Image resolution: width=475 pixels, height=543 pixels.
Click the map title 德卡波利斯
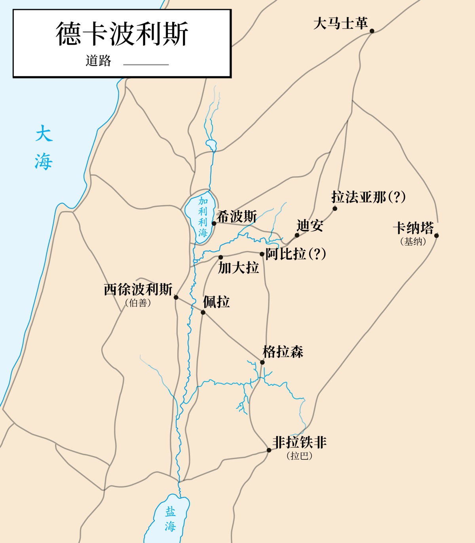122,34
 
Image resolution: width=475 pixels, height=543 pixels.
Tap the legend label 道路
98,61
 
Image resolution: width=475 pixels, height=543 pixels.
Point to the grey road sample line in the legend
146,64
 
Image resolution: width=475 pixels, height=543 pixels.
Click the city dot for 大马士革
372,31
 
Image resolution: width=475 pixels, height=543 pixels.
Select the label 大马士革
340,23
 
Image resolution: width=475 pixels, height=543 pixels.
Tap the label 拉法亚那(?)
368,197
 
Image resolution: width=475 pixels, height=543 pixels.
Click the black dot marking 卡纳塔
437,236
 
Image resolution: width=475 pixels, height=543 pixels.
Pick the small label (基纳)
413,242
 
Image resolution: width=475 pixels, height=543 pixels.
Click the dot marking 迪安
297,235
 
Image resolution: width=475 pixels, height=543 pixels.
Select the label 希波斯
236,217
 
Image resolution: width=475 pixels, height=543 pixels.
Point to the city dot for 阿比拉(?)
262,254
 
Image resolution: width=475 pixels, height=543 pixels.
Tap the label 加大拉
238,268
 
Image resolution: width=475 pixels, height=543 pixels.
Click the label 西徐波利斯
138,290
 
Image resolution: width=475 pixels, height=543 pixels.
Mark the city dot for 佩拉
203,312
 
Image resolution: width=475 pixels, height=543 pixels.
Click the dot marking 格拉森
262,362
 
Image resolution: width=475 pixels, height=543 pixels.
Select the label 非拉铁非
299,442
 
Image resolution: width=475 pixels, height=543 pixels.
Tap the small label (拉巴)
299,456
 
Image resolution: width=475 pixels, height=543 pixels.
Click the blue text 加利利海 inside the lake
203,217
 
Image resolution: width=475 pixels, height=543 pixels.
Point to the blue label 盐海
170,519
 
